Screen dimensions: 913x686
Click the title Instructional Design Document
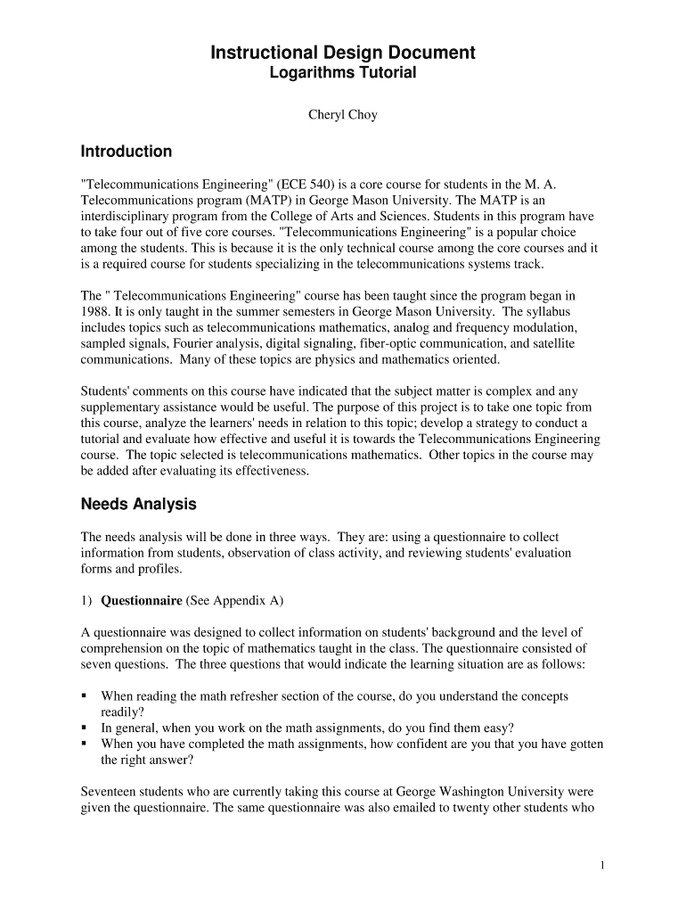(x=342, y=53)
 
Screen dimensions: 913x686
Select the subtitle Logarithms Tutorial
(x=342, y=73)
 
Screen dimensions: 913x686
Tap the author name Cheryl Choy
(x=342, y=115)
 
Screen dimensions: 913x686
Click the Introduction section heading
(x=127, y=152)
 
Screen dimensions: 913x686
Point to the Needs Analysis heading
(x=138, y=505)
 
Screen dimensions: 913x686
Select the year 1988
(x=97, y=311)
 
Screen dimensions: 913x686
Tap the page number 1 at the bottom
(x=603, y=865)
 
